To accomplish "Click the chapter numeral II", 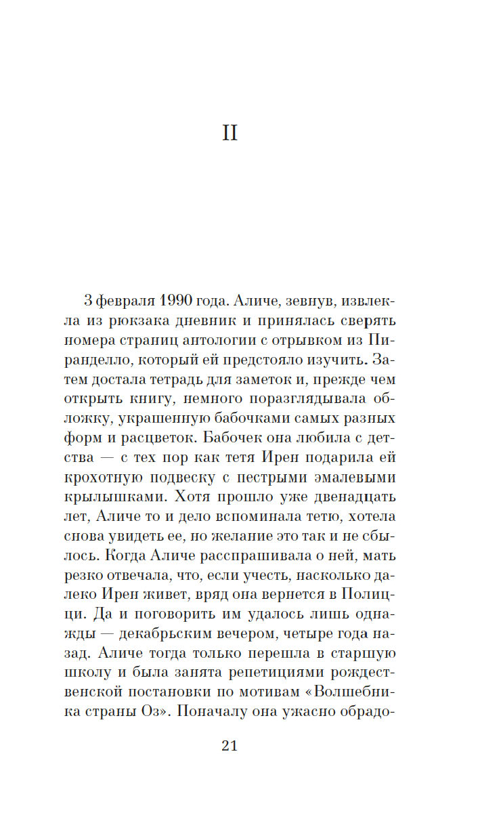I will (x=230, y=133).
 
